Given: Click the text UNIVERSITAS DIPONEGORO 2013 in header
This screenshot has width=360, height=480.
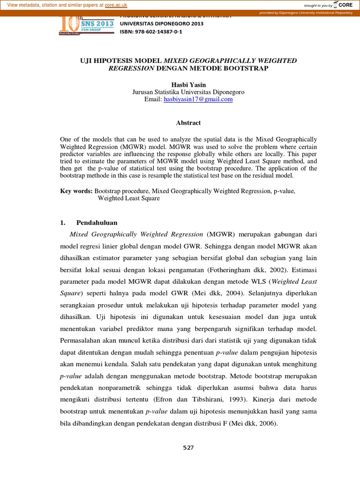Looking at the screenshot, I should [x=162, y=23].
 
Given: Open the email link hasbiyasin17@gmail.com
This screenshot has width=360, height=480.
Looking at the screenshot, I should [x=198, y=99].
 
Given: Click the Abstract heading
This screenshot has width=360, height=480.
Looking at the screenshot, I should [x=188, y=123].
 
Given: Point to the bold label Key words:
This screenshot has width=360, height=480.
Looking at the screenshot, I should [x=76, y=191].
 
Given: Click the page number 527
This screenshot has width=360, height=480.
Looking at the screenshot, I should [x=188, y=448].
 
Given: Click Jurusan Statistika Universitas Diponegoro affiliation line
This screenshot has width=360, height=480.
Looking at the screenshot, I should [x=188, y=92].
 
